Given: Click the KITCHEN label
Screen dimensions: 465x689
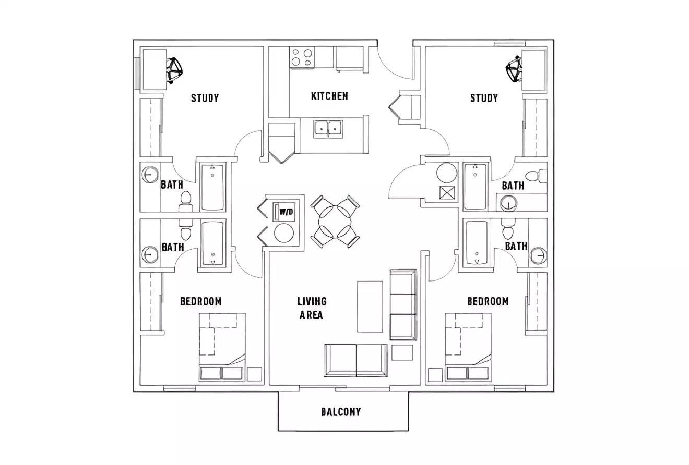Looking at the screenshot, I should (329, 96).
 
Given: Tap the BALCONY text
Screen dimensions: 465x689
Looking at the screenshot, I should (340, 412).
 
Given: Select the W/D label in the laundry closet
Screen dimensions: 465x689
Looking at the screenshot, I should (286, 212).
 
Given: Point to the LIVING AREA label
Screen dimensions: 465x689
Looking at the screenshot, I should (312, 308).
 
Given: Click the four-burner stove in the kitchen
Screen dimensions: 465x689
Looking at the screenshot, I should (303, 57).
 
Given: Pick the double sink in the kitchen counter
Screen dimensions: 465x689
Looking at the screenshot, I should (328, 128).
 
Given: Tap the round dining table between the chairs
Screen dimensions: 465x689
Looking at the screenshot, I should (335, 222).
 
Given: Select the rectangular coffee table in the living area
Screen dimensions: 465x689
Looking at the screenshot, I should (370, 306).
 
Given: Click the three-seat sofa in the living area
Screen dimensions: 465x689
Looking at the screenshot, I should (403, 305).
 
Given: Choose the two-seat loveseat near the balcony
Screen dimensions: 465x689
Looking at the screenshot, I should (356, 360).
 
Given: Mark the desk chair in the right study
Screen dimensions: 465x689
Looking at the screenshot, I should (514, 69).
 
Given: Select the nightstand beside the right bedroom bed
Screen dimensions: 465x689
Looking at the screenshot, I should (435, 374).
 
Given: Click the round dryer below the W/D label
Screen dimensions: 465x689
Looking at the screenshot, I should (284, 233).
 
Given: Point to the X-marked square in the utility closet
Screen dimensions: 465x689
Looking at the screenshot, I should (447, 193).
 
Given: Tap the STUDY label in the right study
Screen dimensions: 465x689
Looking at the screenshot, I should (484, 98).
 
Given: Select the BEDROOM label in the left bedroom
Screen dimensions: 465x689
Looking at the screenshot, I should (200, 301).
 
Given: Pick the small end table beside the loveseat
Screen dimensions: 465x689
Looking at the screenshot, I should (402, 352).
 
